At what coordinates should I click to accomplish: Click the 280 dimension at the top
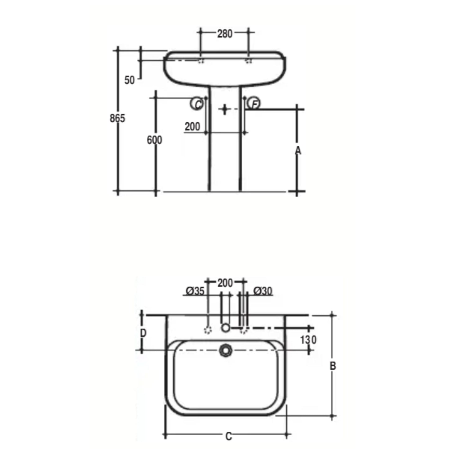[224, 34]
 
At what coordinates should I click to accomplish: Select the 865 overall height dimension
[117, 118]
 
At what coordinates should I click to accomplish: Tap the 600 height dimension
[154, 140]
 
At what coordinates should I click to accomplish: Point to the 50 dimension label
[130, 80]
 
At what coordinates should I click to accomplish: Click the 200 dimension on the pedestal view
[192, 126]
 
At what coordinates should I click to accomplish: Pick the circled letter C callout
[197, 104]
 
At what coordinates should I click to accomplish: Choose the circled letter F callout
[254, 104]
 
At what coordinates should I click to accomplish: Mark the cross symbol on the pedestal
[224, 109]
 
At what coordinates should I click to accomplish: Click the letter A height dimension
[298, 150]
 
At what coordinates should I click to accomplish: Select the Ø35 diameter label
[195, 291]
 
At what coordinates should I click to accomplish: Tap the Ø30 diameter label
[263, 291]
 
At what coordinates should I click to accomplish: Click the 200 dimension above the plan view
[225, 283]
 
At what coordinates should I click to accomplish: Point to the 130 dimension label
[308, 340]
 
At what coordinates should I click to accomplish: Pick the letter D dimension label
[143, 333]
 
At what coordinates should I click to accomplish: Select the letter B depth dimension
[332, 366]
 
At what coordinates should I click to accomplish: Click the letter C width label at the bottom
[228, 436]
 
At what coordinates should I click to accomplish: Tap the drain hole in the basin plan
[226, 350]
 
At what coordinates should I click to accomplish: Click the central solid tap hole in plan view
[225, 328]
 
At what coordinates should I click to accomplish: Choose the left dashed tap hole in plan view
[208, 330]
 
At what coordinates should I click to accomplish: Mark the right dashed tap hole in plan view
[243, 330]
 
